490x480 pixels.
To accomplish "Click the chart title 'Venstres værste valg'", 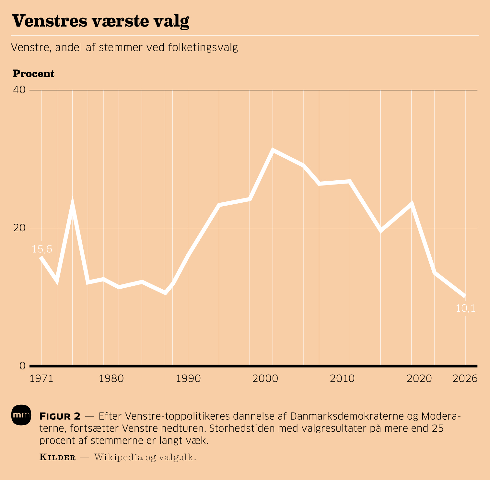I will point(100,21).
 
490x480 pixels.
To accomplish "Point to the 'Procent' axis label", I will point(33,74).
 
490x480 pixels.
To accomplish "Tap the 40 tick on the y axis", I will point(19,90).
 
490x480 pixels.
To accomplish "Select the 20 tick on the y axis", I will point(19,228).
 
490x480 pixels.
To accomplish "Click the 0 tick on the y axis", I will point(22,366).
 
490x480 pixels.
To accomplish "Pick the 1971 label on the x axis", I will point(41,379).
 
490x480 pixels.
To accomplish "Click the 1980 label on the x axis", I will point(111,379).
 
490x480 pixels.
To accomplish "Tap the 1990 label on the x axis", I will point(188,379).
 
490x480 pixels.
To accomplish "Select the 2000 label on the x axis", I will point(265,379).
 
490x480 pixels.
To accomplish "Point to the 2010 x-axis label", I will point(342,379).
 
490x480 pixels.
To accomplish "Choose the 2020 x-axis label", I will point(419,379).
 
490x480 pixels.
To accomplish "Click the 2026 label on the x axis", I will point(465,379).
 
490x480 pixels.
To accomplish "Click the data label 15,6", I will point(42,249).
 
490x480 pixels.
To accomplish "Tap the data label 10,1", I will point(465,308).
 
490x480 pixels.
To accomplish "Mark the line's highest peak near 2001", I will point(273,150).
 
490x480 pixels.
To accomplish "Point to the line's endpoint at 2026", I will point(465,296).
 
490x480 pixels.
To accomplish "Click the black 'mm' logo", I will point(21,415).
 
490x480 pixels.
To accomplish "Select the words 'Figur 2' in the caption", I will point(60,416).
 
